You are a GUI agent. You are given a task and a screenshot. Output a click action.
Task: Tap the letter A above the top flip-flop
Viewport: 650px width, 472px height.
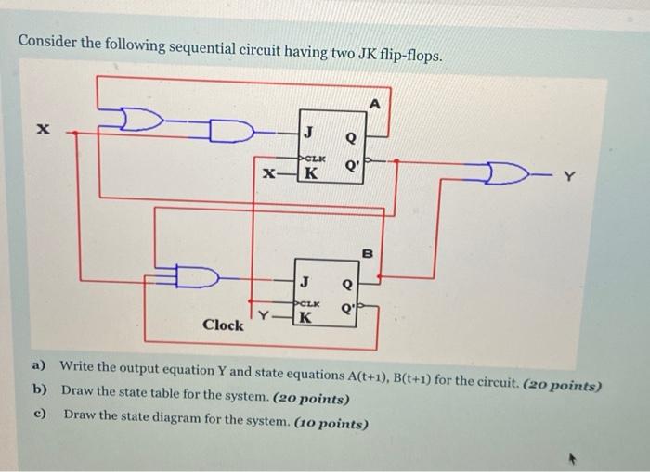[x=375, y=104]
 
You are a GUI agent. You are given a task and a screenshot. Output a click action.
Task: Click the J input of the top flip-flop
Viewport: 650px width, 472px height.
[x=308, y=132]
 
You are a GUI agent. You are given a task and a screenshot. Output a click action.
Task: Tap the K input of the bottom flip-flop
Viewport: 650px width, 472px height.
[x=305, y=318]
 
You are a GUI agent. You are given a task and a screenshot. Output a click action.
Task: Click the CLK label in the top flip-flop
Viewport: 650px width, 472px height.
[x=315, y=156]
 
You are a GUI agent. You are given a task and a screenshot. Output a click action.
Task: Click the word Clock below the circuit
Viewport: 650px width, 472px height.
[x=223, y=325]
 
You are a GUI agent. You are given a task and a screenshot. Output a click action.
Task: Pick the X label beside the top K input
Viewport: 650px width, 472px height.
[x=267, y=173]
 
